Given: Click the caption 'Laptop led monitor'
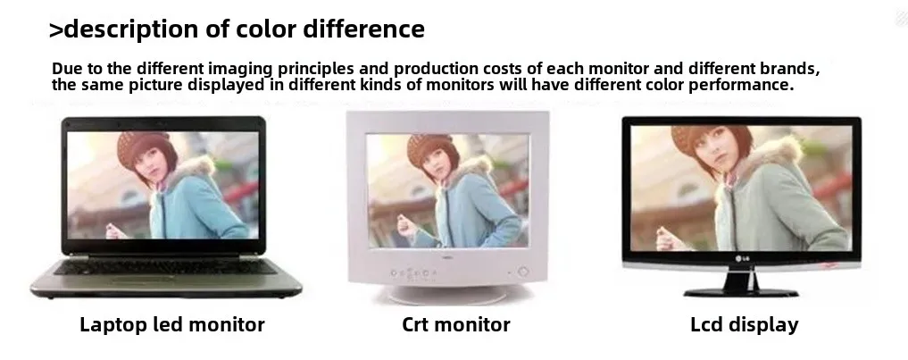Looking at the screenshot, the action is click(172, 324).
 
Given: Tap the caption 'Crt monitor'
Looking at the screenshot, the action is click(455, 324).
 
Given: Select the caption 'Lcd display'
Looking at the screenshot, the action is click(744, 324).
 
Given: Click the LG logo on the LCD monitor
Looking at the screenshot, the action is click(741, 258).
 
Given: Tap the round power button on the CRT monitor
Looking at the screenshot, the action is click(523, 272).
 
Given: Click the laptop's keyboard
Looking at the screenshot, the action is click(165, 267).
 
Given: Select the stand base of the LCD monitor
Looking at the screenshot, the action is click(741, 291).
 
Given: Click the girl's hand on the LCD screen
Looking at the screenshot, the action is click(667, 235).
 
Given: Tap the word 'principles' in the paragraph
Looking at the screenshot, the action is click(316, 69).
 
